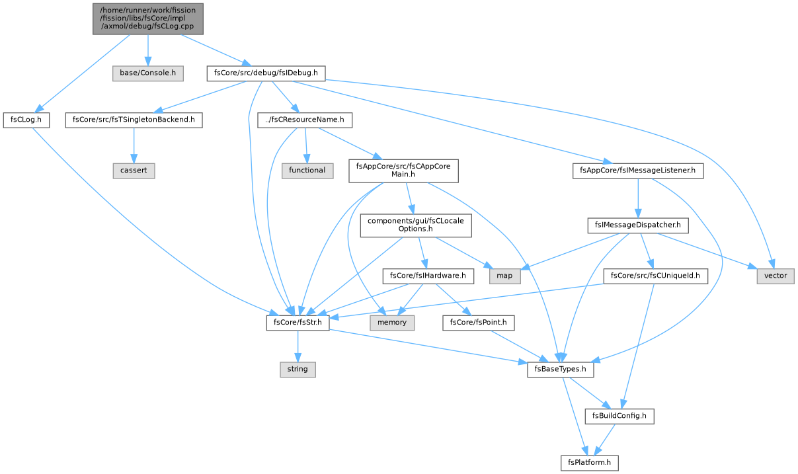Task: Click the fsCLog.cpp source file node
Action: click(x=148, y=19)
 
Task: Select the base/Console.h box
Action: click(x=148, y=73)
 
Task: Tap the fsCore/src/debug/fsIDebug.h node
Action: click(x=266, y=73)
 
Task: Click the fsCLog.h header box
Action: click(x=26, y=120)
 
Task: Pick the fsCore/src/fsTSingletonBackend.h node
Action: click(x=134, y=120)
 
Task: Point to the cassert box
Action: click(x=134, y=171)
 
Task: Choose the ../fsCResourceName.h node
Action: click(x=305, y=120)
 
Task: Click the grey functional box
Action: click(x=307, y=171)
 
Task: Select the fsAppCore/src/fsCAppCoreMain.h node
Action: click(x=403, y=171)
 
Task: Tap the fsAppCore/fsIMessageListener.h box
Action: click(x=638, y=171)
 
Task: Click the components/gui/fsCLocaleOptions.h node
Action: click(x=416, y=225)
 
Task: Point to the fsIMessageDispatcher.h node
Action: click(x=638, y=225)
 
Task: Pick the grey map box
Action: click(x=505, y=276)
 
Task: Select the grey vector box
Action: click(x=776, y=276)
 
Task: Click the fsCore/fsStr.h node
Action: click(x=298, y=323)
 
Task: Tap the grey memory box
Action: click(x=392, y=323)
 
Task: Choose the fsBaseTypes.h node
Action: click(x=561, y=370)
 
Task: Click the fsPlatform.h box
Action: click(x=590, y=463)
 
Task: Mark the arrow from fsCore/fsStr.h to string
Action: click(x=298, y=346)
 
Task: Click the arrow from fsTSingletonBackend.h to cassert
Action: click(x=134, y=145)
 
